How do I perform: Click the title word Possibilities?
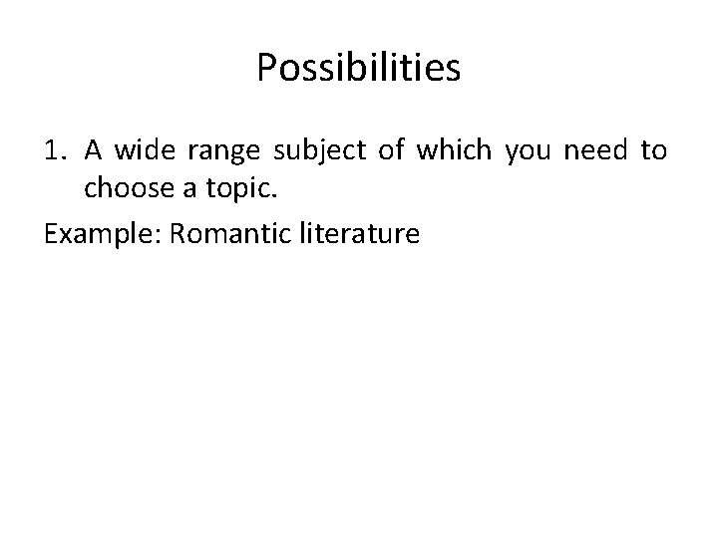click(x=359, y=68)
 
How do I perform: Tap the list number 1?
click(x=54, y=150)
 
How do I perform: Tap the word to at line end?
click(x=653, y=150)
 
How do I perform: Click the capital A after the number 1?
click(x=93, y=150)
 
